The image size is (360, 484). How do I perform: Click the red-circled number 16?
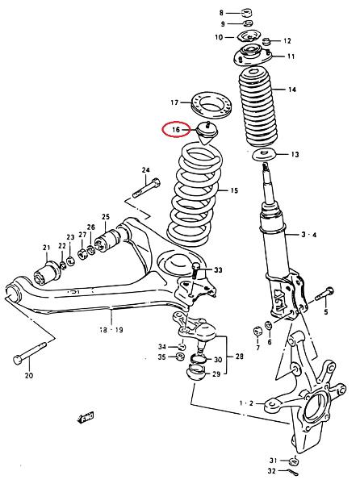[175, 129]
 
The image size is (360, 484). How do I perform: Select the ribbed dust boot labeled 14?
[258, 107]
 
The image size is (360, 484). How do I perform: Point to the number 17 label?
[174, 102]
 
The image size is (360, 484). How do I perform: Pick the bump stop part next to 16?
[207, 132]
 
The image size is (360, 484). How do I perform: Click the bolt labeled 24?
[146, 187]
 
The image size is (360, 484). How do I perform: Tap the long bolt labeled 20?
[30, 352]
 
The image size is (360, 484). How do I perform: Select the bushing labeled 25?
[107, 241]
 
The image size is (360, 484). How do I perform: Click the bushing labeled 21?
[46, 273]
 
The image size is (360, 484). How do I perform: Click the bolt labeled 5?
[324, 294]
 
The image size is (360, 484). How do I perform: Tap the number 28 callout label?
[239, 357]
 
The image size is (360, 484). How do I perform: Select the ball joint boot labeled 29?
[196, 373]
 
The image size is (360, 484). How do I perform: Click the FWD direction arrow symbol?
[86, 418]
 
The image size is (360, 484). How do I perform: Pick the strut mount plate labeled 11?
[252, 55]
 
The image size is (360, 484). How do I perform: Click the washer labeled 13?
[264, 154]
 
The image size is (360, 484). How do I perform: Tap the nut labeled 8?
[247, 13]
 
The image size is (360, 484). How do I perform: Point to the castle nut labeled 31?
[294, 461]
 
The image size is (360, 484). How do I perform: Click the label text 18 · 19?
[111, 330]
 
